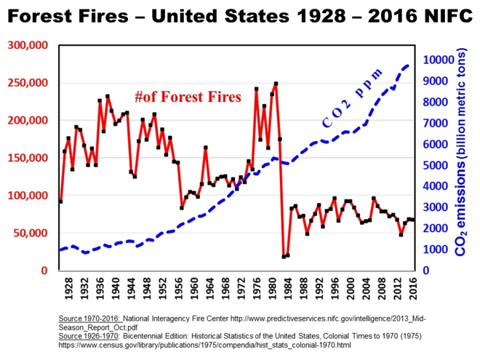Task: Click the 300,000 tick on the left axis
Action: [x=28, y=45]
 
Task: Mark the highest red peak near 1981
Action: [x=276, y=84]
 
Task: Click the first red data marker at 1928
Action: [x=60, y=201]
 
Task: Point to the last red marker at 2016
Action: [x=413, y=220]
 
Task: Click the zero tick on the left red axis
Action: [x=44, y=271]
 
